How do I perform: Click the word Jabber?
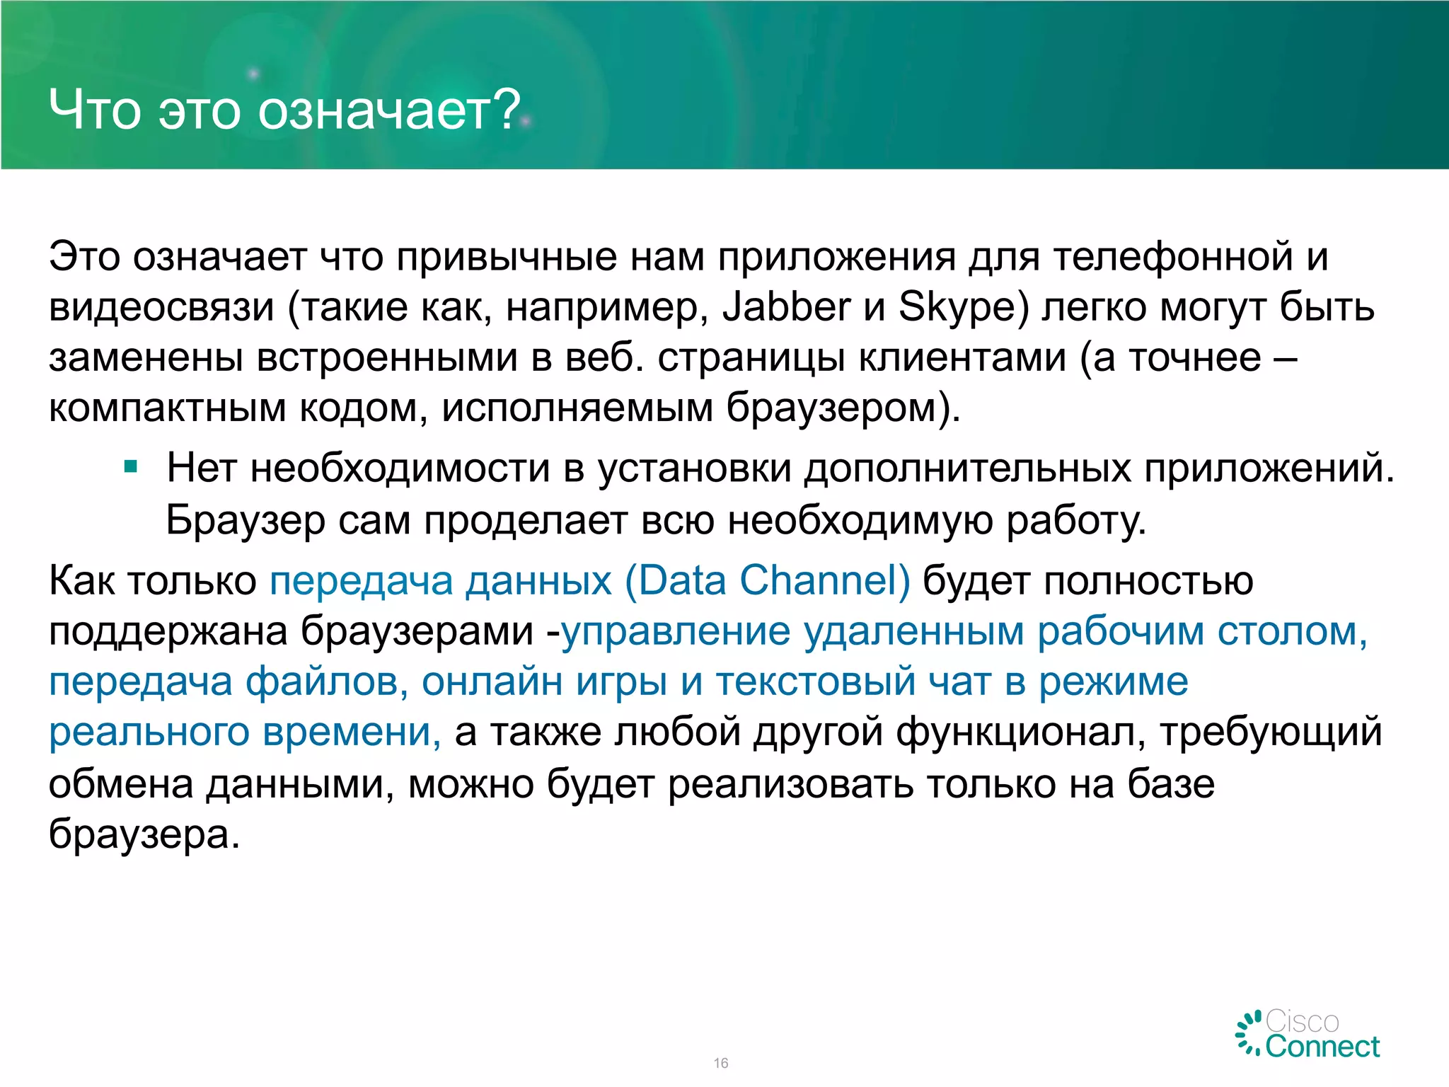click(x=786, y=309)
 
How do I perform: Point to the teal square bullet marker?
click(x=130, y=467)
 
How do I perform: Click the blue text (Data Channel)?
click(x=768, y=581)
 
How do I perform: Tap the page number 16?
click(x=721, y=1063)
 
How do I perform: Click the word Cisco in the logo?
click(x=1302, y=1022)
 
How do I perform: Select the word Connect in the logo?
click(x=1322, y=1047)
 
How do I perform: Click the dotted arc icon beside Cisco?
click(x=1249, y=1033)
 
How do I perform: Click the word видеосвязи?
click(x=161, y=309)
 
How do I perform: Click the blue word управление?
click(x=676, y=631)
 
